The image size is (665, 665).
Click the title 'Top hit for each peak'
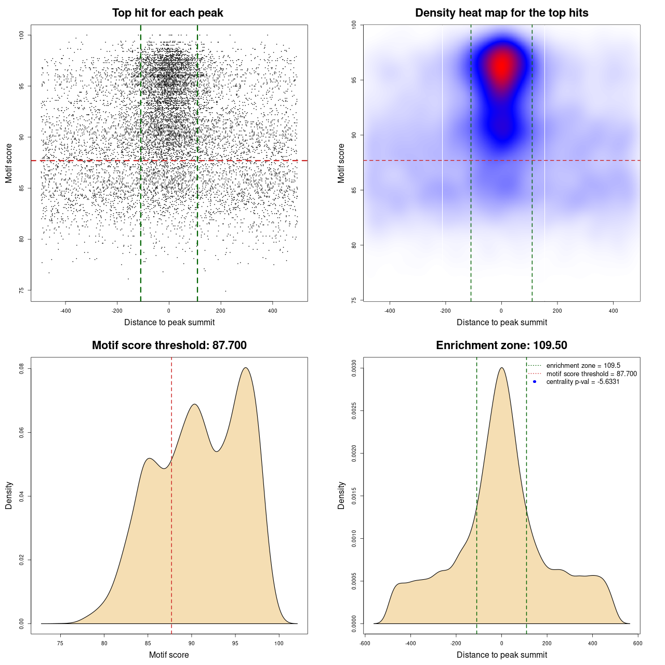pos(167,13)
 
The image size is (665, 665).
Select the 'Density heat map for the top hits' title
pos(501,13)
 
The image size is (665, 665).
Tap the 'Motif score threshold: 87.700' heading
pos(169,345)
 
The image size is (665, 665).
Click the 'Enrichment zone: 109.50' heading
pos(501,345)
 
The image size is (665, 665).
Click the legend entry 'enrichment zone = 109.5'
pos(583,366)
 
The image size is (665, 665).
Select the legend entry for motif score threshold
pos(591,374)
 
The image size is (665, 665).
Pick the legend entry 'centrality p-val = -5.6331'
pos(582,382)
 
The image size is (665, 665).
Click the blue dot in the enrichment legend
pos(535,382)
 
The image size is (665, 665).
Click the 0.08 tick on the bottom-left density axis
pos(21,369)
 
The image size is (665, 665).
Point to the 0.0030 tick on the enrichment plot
pos(354,369)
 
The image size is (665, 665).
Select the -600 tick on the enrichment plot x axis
pos(365,643)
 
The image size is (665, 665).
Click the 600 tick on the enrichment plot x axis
pos(638,643)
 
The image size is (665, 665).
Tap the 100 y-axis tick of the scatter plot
pos(21,35)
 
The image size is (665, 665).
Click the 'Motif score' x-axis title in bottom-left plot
pos(169,655)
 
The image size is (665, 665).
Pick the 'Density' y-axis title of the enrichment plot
pos(341,495)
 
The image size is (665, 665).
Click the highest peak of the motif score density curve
pos(246,368)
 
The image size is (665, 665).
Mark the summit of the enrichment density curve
pos(501,368)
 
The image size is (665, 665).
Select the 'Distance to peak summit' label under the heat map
pos(501,322)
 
